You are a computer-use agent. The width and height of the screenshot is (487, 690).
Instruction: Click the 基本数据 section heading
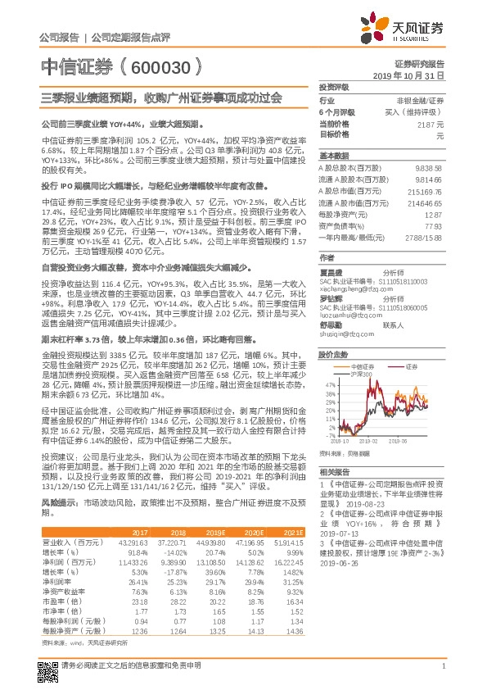[x=333, y=155]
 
